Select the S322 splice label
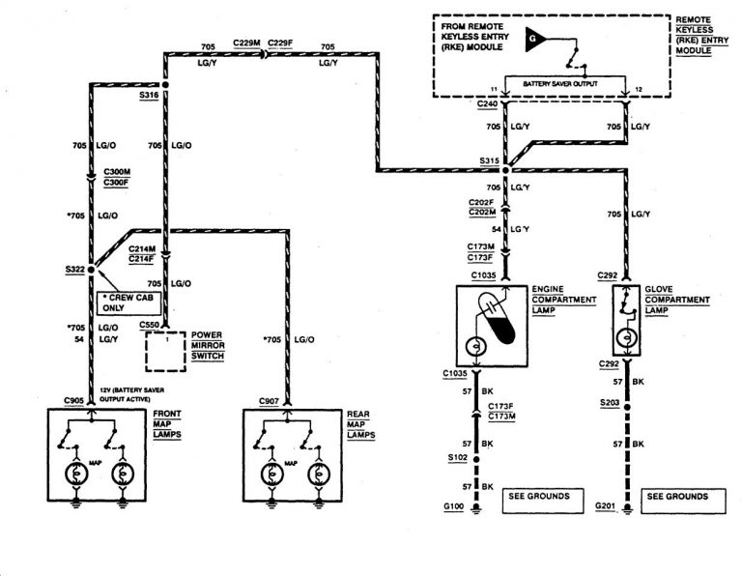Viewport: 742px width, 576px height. (71, 270)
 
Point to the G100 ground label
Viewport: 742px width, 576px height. (453, 505)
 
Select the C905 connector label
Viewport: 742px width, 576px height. (73, 400)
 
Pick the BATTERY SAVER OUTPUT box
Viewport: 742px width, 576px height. (555, 85)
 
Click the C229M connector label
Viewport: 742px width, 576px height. (245, 44)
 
